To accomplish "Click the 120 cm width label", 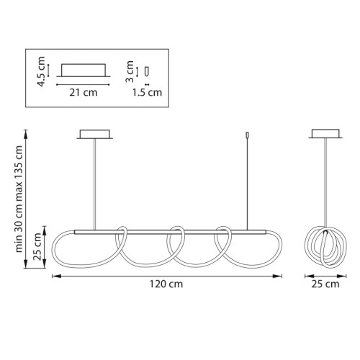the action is (166, 284).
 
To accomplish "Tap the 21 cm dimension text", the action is (84, 92).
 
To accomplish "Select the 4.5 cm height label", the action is (40, 71).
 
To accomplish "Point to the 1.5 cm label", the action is (148, 92).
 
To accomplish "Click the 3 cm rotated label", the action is (130, 71).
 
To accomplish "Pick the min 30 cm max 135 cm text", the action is (19, 199).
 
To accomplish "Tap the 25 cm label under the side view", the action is (325, 284).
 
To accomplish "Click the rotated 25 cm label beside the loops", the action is (37, 246).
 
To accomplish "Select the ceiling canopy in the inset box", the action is (84, 71).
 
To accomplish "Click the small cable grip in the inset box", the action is (147, 71).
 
